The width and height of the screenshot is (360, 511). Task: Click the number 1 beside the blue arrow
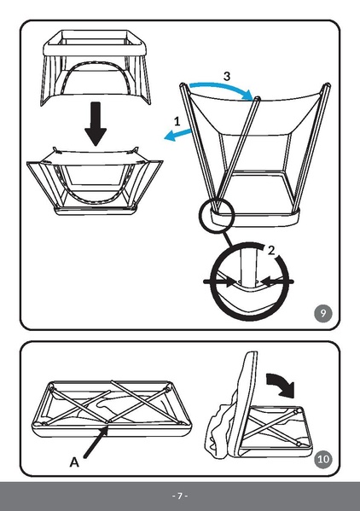pos(177,121)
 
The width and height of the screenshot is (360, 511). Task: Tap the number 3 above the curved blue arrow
pos(225,76)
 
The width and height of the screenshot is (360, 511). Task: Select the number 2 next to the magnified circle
pos(271,250)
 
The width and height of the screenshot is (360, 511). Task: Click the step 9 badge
pos(322,313)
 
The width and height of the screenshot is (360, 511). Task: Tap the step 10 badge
pos(322,460)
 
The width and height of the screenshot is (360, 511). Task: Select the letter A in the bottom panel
pos(74,462)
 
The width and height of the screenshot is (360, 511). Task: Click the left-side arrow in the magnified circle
pos(220,279)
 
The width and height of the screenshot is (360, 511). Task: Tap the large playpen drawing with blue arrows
pos(256,154)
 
